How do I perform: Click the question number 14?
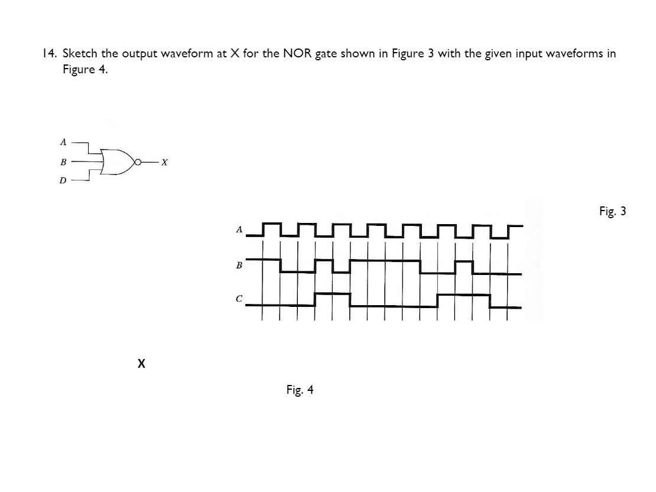click(x=49, y=54)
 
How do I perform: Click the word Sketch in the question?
click(x=80, y=54)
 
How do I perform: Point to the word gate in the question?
click(x=326, y=54)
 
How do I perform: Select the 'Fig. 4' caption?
click(x=300, y=390)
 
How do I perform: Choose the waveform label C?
click(x=239, y=299)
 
